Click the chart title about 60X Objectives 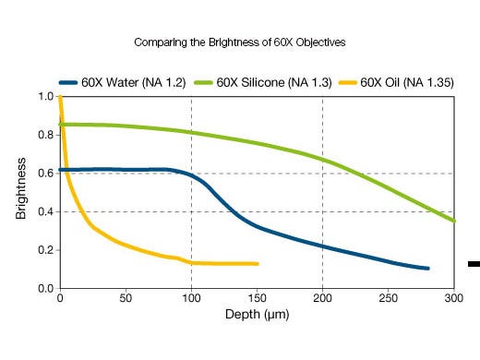240,42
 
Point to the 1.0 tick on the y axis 44,97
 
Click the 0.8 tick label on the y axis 44,135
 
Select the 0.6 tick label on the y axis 44,174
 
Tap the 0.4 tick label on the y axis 44,212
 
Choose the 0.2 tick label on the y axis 44,250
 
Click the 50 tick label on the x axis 125,299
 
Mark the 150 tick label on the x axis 257,299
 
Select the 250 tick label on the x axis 388,299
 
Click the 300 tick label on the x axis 453,299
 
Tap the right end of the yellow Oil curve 257,264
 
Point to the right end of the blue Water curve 427,269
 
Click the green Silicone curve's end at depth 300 453,221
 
